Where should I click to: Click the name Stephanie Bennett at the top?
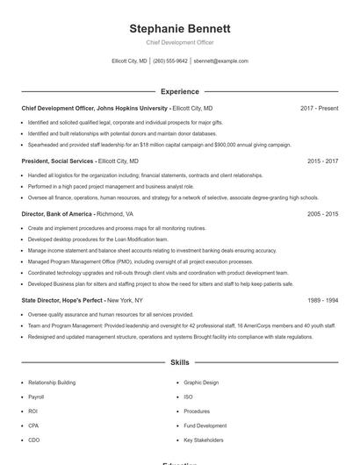[x=179, y=28]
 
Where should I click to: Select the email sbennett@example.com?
[x=220, y=61]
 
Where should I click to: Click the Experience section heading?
[x=179, y=91]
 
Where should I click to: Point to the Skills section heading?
[x=179, y=361]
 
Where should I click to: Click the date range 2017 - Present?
[x=319, y=108]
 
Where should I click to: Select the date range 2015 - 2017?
[x=322, y=161]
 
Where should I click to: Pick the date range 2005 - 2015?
[x=322, y=214]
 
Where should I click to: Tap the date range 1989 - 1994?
[x=322, y=300]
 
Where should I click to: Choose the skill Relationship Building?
[x=52, y=383]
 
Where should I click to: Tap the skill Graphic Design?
[x=202, y=383]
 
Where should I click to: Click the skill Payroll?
[x=37, y=397]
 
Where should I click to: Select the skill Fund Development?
[x=205, y=426]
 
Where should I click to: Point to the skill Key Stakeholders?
[x=204, y=440]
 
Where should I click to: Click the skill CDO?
[x=34, y=440]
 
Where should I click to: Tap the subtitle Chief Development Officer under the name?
[x=179, y=42]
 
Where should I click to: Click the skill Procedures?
[x=197, y=411]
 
